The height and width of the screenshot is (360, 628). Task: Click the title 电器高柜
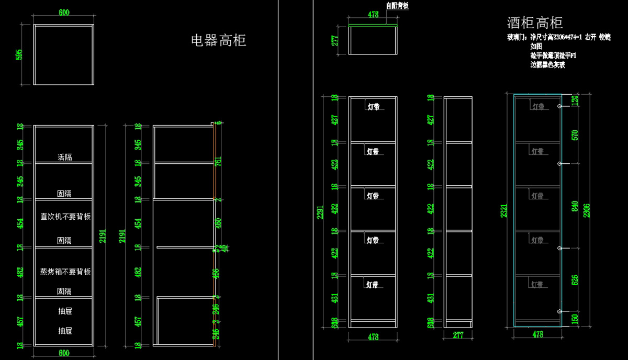pyautogui.click(x=218, y=40)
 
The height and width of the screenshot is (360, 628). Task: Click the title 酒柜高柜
pyautogui.click(x=534, y=22)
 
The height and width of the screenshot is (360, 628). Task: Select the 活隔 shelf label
pyautogui.click(x=64, y=156)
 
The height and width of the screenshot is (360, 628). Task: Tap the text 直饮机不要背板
pyautogui.click(x=65, y=216)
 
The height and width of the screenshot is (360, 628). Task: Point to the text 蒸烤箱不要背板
pyautogui.click(x=65, y=272)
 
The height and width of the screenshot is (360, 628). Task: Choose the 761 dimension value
pyautogui.click(x=217, y=162)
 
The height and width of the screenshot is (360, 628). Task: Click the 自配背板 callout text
pyautogui.click(x=397, y=6)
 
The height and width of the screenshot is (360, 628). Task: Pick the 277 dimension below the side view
pyautogui.click(x=458, y=335)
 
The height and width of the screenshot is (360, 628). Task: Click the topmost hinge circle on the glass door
pyautogui.click(x=560, y=106)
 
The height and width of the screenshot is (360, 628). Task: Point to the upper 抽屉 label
pyautogui.click(x=65, y=311)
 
